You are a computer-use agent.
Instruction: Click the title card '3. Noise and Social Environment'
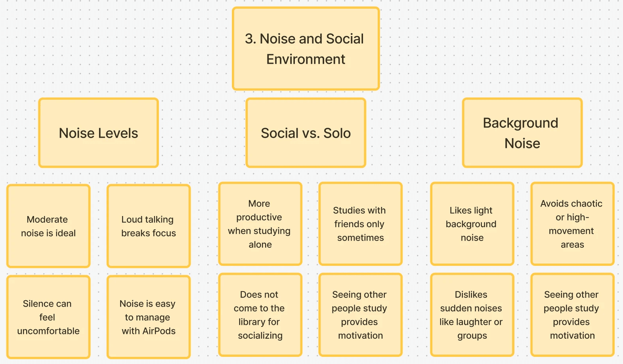pyautogui.click(x=306, y=49)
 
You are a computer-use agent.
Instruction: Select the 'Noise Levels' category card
pyautogui.click(x=99, y=133)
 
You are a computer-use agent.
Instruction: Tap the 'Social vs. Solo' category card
pyautogui.click(x=306, y=133)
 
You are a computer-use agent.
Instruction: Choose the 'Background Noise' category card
pyautogui.click(x=522, y=133)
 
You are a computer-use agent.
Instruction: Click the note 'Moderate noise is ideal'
pyautogui.click(x=48, y=226)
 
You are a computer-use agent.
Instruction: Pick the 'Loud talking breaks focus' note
pyautogui.click(x=149, y=226)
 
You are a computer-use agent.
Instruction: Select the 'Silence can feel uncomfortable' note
pyautogui.click(x=48, y=317)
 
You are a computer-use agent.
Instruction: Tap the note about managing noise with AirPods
pyautogui.click(x=149, y=317)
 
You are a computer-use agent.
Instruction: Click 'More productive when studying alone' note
pyautogui.click(x=260, y=224)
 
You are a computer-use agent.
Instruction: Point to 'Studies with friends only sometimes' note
pyautogui.click(x=360, y=224)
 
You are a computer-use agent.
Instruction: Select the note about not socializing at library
pyautogui.click(x=260, y=315)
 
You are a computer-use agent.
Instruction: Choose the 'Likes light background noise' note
pyautogui.click(x=472, y=224)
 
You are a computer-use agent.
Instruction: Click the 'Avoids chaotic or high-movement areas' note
pyautogui.click(x=572, y=224)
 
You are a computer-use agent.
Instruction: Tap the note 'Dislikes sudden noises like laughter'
pyautogui.click(x=472, y=315)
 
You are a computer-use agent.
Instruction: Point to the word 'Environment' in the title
pyautogui.click(x=306, y=59)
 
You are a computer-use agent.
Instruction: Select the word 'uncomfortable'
pyautogui.click(x=48, y=331)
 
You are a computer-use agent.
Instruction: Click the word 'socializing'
pyautogui.click(x=260, y=336)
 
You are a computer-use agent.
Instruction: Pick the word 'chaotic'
pyautogui.click(x=586, y=204)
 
